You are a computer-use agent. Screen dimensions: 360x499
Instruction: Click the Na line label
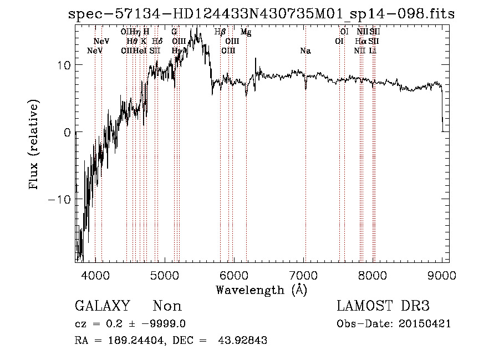tap(305, 51)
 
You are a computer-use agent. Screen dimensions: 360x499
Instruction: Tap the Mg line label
tap(246, 33)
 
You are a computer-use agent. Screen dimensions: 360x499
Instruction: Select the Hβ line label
tap(220, 32)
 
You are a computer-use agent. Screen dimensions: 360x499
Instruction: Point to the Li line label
tap(373, 51)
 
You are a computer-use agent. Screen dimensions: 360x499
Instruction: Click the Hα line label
tap(360, 42)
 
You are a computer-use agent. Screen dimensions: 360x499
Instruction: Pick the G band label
tap(174, 32)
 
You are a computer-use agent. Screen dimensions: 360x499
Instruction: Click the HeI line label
tap(140, 51)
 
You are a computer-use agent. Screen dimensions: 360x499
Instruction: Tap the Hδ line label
tap(157, 42)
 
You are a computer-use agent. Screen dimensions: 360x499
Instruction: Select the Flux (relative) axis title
tap(34, 145)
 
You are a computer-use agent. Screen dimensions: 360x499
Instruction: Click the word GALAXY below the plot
tap(102, 306)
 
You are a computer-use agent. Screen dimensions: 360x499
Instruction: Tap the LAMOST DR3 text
tap(383, 306)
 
